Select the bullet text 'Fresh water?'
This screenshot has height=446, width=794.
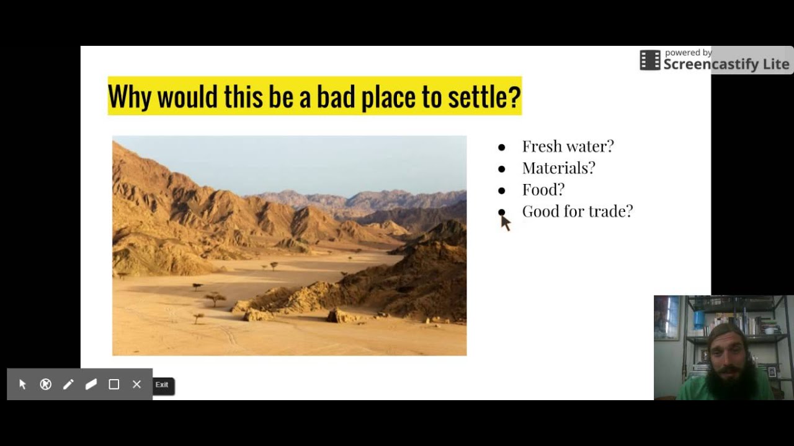[568, 146]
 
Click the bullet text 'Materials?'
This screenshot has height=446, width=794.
[558, 168]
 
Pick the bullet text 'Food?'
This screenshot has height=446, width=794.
[543, 190]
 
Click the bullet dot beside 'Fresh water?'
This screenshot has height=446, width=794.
[502, 147]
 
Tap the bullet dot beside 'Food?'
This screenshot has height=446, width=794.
[502, 191]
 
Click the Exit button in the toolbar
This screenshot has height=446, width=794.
[162, 385]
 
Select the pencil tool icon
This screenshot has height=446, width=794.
[68, 385]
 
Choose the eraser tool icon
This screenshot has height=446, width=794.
[91, 385]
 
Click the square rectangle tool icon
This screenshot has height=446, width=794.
[114, 385]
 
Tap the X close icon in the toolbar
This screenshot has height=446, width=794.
[137, 385]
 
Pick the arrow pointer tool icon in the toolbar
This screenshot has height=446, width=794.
[23, 385]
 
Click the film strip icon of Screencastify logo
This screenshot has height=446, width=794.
[650, 60]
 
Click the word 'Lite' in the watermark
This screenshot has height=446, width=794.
[775, 64]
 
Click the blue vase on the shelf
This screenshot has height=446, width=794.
[699, 320]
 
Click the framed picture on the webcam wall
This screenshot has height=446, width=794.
[667, 317]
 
